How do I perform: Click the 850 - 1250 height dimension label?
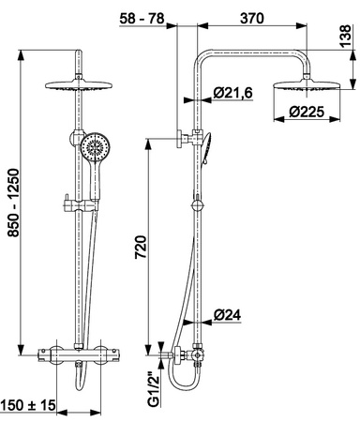pos(14,203)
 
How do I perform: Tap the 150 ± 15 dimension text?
pos(27,405)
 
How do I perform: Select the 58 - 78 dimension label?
pos(142,19)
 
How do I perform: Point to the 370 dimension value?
pos(252,19)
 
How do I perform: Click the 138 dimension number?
pos(346,37)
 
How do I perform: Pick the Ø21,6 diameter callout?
pos(232,93)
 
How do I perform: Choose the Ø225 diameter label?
pos(307,112)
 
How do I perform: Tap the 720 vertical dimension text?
pos(141,247)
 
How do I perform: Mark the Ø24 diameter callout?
pos(227,315)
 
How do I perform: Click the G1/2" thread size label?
pos(154,389)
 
